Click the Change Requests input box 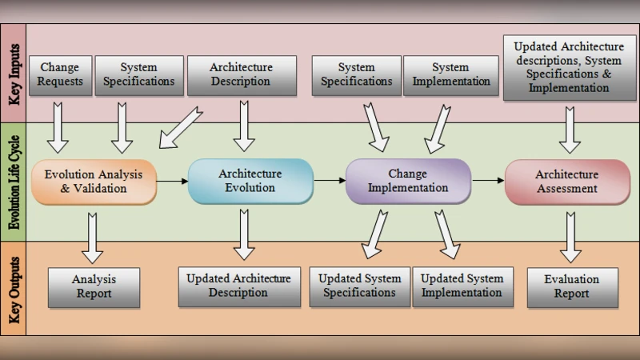pos(60,74)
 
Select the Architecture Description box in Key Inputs pos(241,74)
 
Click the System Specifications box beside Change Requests pos(138,74)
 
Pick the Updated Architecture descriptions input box pos(569,67)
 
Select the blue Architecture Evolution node pos(250,181)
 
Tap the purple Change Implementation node pos(407,181)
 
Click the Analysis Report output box pos(94,286)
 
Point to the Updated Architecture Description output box pos(238,286)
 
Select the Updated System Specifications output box pos(359,286)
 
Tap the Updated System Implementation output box pos(462,286)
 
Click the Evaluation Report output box pos(573,286)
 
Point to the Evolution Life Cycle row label pos(14,182)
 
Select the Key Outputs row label pos(14,288)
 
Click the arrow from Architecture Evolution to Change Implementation pos(329,181)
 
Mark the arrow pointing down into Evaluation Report pos(570,237)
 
